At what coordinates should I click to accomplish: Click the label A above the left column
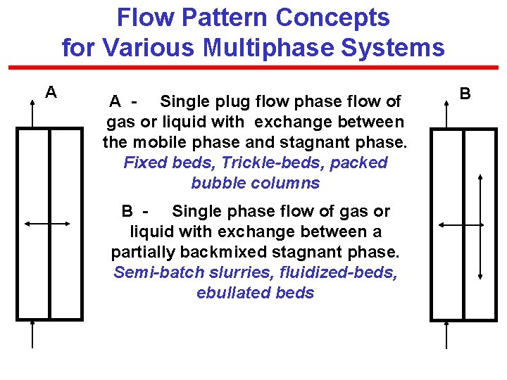pyautogui.click(x=51, y=92)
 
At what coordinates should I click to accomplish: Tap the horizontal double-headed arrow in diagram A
pyautogui.click(x=46, y=223)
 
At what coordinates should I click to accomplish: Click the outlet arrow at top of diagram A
pyautogui.click(x=32, y=113)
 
